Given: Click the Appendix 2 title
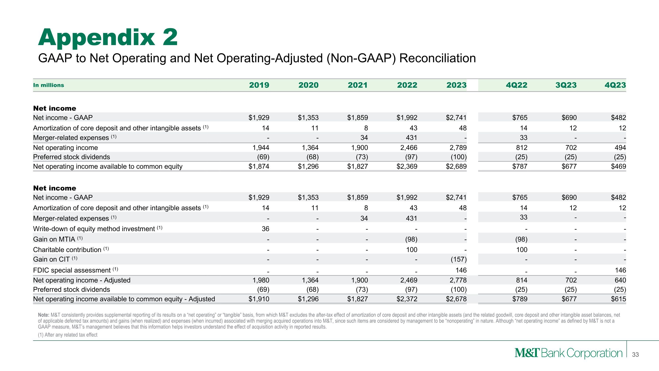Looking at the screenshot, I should pos(108,38).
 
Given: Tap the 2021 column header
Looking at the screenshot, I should pos(357,85).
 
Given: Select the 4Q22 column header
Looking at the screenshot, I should pos(516,85).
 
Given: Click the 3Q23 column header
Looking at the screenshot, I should pos(566,85).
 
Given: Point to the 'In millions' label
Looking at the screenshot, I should pos(49,85).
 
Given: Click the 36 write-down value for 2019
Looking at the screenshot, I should pos(265,229).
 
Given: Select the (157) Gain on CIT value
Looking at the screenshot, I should pos(458,259).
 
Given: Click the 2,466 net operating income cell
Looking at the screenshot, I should pos(409,148).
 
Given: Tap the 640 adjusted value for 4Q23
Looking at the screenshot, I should pos(620,280).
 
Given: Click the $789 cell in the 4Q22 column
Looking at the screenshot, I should pos(520,299).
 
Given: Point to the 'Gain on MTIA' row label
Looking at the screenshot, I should pos(54,239).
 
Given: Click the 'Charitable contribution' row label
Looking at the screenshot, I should pos(67,250).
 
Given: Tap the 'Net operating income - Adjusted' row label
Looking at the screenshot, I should pos(82,280).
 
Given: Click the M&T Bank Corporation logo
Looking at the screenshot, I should pos(568,353).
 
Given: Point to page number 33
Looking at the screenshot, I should pos(635,355).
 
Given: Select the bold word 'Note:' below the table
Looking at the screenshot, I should pos(43,315).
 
